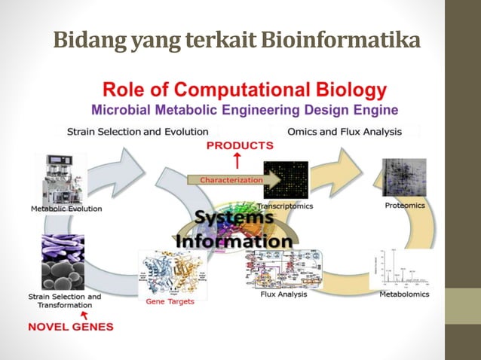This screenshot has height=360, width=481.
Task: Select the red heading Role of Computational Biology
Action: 245,90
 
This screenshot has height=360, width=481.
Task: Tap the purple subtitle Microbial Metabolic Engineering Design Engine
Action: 245,109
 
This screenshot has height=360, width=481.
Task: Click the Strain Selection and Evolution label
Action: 137,131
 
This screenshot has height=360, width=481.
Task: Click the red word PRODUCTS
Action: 239,145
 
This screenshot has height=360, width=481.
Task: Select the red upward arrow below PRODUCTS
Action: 237,160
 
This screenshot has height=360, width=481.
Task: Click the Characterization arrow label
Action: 231,180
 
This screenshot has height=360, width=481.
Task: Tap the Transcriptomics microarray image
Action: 285,180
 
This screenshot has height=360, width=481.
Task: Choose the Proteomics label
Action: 404,205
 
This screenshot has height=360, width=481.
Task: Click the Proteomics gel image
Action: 404,178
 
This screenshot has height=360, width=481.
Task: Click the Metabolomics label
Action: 404,294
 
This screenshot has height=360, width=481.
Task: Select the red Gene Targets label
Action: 170,301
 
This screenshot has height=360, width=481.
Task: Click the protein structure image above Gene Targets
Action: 171,273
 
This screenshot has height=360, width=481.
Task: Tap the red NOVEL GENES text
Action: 71,326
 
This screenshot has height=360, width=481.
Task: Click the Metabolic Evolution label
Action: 66,209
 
